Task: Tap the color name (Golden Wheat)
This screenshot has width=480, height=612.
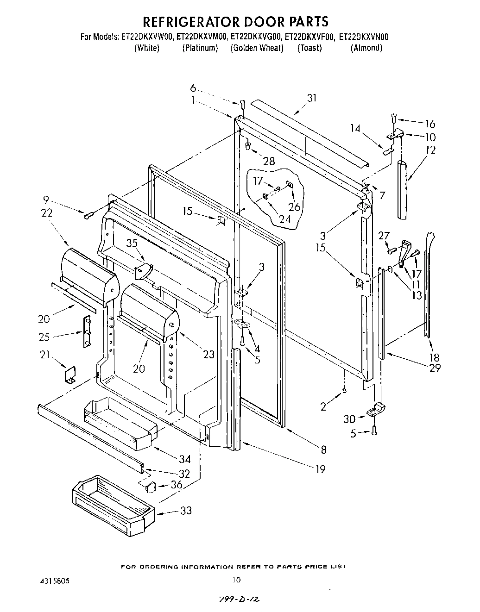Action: point(257,48)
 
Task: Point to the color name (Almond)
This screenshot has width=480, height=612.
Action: point(366,48)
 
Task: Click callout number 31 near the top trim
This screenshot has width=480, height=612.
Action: point(312,98)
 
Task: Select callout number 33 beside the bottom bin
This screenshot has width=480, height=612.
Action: point(186,511)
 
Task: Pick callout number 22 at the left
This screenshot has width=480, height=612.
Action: point(46,213)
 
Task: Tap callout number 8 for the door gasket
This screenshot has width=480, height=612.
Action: point(323,450)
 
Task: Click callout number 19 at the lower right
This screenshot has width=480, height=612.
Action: point(320,469)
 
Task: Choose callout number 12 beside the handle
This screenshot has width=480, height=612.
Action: point(431,150)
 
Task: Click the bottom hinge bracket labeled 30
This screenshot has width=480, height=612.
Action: point(376,410)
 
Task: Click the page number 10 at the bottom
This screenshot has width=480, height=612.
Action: point(236,579)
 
